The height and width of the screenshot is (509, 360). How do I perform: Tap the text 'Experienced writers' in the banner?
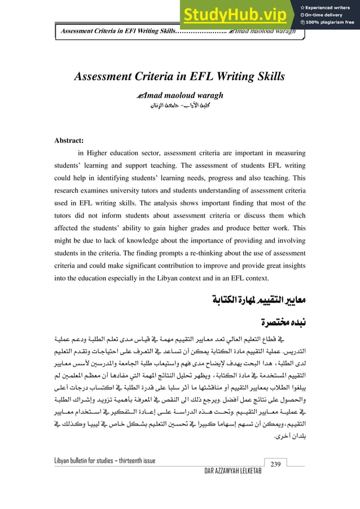(333, 6)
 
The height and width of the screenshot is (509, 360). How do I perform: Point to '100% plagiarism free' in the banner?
(332, 23)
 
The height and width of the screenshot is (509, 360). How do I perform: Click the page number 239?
(276, 464)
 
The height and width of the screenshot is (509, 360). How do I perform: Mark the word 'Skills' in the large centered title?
(265, 76)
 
